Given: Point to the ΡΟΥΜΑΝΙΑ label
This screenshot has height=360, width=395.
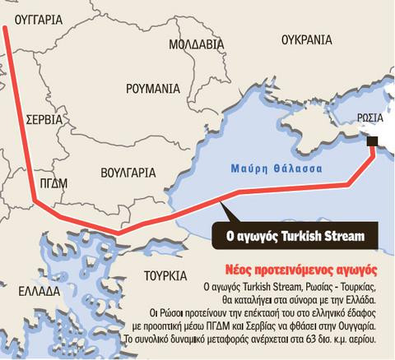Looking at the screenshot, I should pyautogui.click(x=153, y=87).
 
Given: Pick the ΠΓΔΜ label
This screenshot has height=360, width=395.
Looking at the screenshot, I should pyautogui.click(x=52, y=182).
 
